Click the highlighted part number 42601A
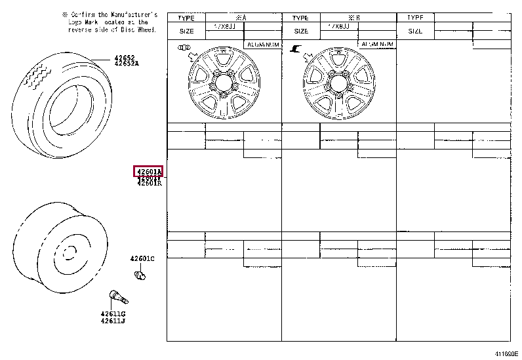[148, 172]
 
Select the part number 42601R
[149, 184]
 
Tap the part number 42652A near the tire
[127, 64]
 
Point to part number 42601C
[142, 259]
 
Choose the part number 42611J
[113, 321]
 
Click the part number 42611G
[113, 314]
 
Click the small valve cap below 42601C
[138, 275]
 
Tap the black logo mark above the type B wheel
[296, 48]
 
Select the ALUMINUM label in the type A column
[262, 45]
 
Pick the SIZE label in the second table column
[301, 31]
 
